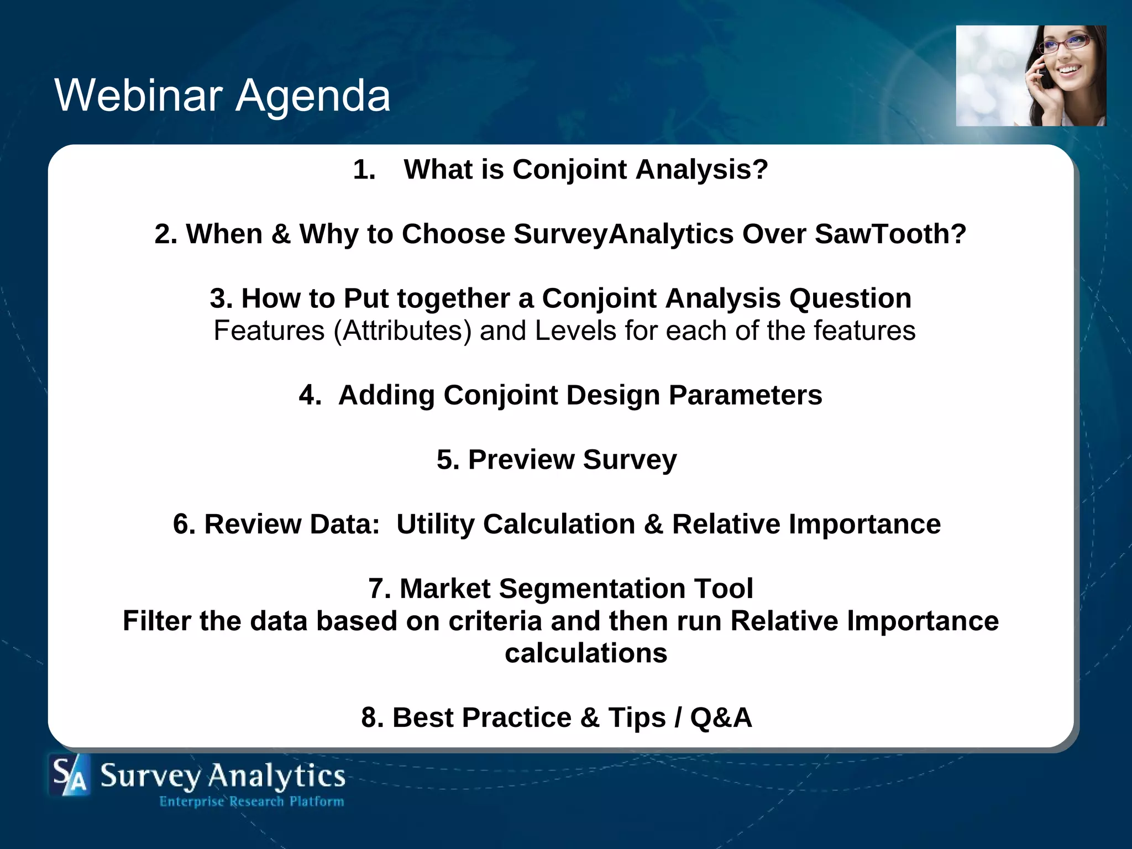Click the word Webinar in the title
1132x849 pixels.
click(x=138, y=95)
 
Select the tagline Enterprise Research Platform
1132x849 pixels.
click(x=251, y=801)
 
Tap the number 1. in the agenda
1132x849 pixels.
click(x=364, y=170)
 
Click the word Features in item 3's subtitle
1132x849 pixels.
click(x=269, y=331)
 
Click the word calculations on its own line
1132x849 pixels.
click(x=586, y=653)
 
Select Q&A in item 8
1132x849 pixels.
click(x=721, y=718)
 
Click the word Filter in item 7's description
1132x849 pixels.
click(x=156, y=621)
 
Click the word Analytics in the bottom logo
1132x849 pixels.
click(x=276, y=775)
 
